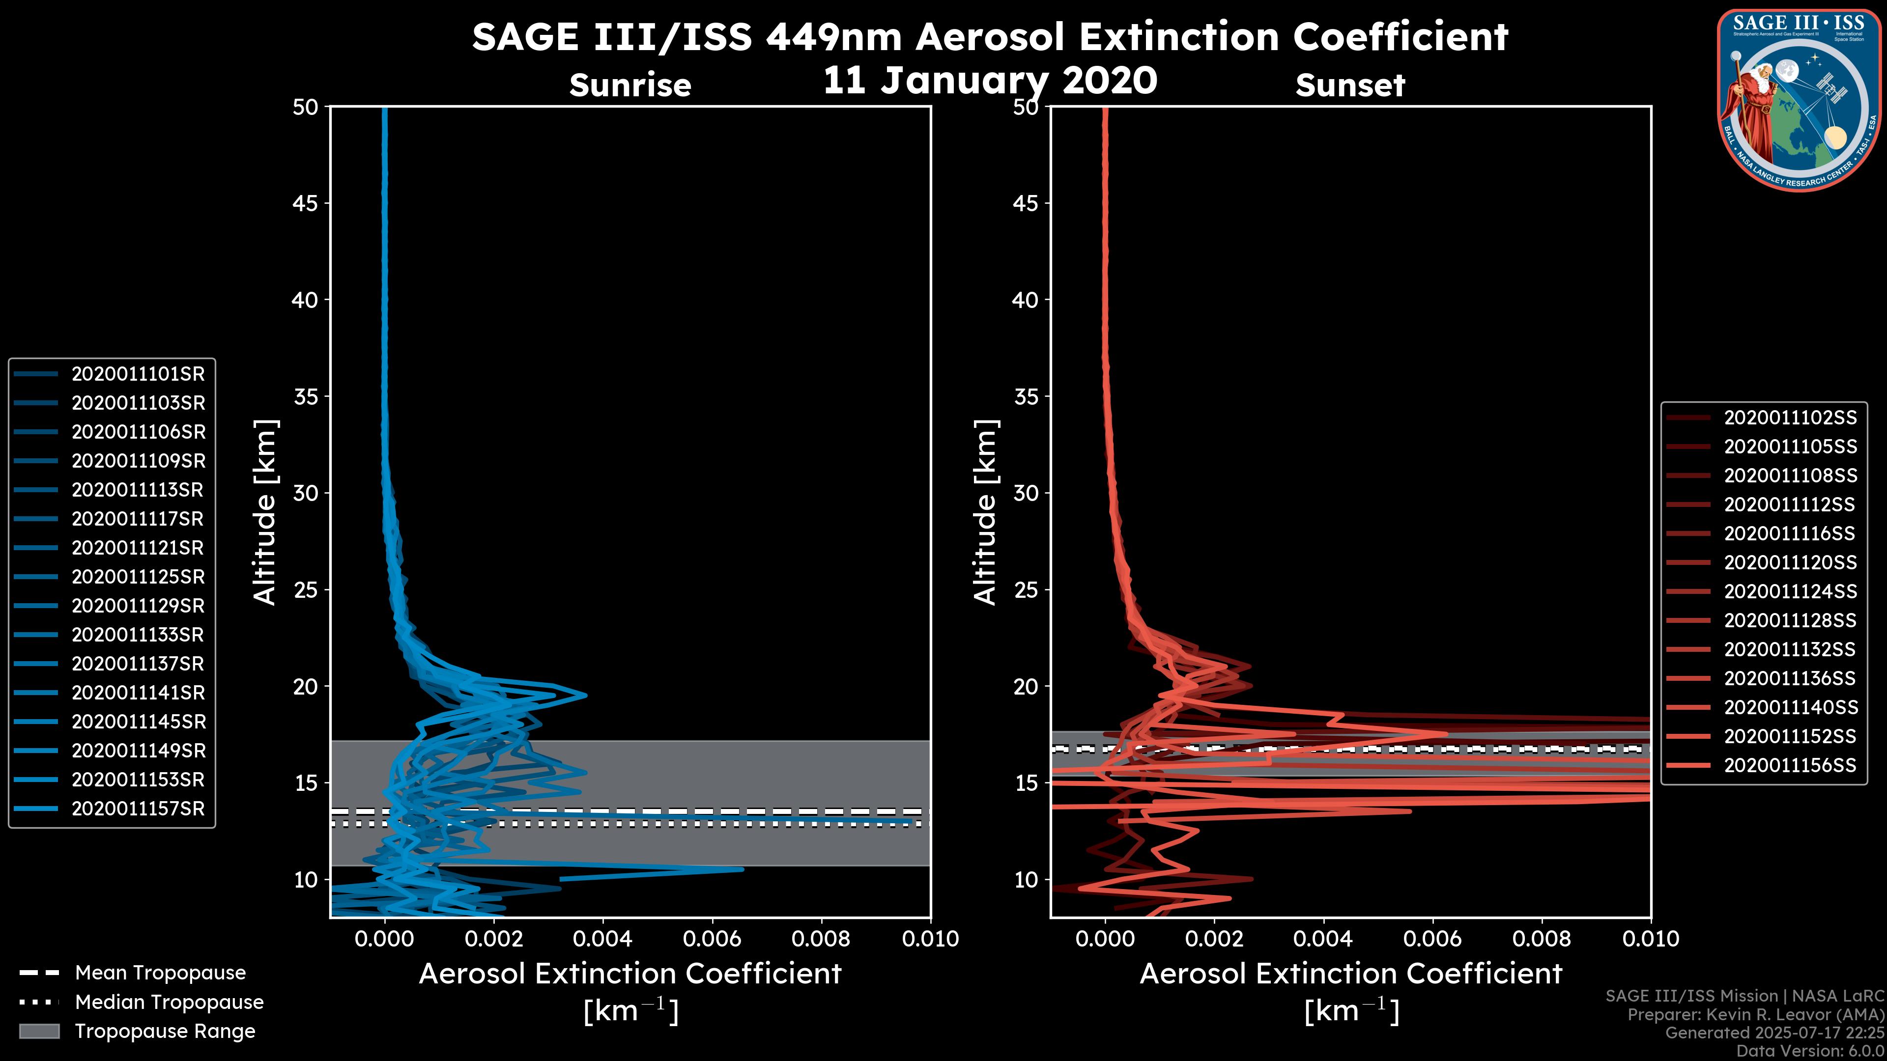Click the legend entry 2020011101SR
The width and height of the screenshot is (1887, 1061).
pos(138,374)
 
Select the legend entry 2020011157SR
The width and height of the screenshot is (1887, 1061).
pos(138,809)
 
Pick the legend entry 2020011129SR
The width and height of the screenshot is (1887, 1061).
pos(138,606)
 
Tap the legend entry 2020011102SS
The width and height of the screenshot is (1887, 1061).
pos(1790,418)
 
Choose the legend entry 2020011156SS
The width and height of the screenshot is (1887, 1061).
pos(1790,765)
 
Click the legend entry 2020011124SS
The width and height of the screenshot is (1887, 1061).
pos(1790,591)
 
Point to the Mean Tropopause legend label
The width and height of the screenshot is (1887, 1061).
pos(160,973)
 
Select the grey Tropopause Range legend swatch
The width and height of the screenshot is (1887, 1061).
pos(39,1031)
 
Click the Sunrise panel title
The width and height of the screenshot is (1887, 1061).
pos(630,85)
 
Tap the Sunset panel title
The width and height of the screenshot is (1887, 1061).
pos(1350,85)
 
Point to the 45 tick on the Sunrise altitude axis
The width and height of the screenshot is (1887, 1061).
pos(306,203)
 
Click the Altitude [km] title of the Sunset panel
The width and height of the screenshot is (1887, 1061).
pos(985,512)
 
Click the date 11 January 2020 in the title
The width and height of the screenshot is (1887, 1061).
pos(990,81)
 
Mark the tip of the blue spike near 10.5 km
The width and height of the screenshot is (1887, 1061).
pos(743,869)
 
